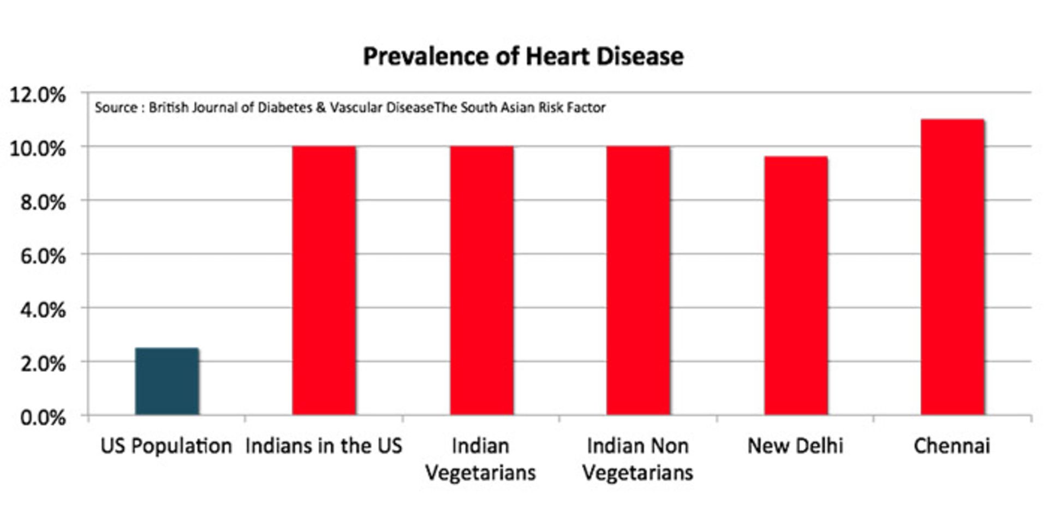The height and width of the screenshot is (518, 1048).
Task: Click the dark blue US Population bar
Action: click(x=167, y=382)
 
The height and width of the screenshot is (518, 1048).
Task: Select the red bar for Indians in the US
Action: click(x=324, y=281)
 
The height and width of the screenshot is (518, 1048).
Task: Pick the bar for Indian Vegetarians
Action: click(x=481, y=281)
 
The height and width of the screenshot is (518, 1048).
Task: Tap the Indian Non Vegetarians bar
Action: click(x=638, y=281)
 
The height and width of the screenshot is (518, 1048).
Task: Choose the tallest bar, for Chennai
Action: click(x=952, y=267)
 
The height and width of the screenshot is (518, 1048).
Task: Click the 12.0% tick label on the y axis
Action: click(x=38, y=95)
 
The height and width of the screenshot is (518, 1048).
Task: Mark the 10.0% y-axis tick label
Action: click(x=38, y=148)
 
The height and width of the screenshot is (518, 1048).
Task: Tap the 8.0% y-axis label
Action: click(x=43, y=203)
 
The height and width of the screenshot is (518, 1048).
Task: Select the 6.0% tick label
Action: click(x=43, y=256)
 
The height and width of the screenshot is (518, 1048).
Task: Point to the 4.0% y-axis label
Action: click(x=43, y=310)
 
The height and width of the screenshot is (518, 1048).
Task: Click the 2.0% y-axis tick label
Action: click(x=43, y=364)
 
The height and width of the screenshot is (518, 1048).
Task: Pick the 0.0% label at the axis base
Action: click(x=43, y=418)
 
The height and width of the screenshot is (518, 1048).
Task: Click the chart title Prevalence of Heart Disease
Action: click(x=523, y=56)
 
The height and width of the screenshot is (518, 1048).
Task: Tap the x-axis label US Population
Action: click(x=166, y=446)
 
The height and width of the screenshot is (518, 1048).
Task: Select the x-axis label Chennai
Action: click(x=952, y=446)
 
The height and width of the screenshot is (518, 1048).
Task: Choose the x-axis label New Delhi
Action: click(x=795, y=446)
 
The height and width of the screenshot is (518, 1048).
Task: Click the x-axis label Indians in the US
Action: click(x=324, y=446)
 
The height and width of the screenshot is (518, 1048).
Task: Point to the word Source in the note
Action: click(x=116, y=108)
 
